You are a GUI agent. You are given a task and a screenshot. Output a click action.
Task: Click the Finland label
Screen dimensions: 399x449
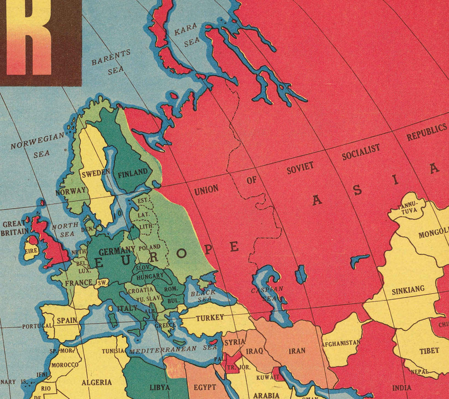pos(133,172)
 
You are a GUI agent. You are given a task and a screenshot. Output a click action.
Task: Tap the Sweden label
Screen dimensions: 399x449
pos(95,174)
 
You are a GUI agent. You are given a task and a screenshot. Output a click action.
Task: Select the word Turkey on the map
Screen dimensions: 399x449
pos(210,318)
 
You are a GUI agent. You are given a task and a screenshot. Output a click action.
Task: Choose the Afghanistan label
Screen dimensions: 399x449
pos(341,343)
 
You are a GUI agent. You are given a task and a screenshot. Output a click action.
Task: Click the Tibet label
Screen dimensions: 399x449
pos(429,351)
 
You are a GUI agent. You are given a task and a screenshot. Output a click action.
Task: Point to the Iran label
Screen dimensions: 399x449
pos(297,351)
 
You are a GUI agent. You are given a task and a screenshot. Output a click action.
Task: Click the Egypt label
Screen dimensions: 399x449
pos(205,387)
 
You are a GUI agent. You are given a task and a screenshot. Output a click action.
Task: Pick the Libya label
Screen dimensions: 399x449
pos(160,387)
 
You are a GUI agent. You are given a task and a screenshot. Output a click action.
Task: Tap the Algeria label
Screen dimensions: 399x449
pos(97,383)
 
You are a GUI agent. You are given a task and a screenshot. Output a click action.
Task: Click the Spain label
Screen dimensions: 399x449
pos(67,320)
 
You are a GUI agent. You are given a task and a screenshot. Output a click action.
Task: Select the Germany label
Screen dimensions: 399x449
pos(117,250)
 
